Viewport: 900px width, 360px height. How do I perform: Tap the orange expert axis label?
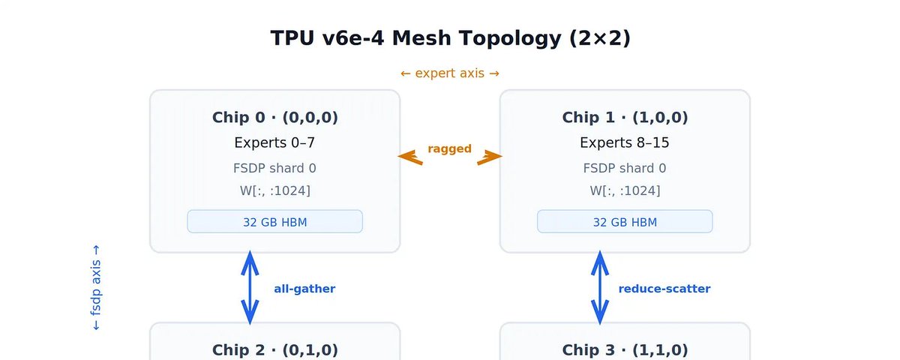(x=449, y=73)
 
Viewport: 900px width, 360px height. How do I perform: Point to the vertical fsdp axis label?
(x=96, y=288)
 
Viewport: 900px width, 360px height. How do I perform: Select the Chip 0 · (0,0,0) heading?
(x=274, y=117)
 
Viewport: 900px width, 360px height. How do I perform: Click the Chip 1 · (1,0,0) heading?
(x=625, y=117)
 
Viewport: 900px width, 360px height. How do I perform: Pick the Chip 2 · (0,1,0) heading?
(x=274, y=350)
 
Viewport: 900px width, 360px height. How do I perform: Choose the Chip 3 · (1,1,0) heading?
(x=625, y=350)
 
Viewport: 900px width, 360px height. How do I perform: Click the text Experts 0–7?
(x=274, y=142)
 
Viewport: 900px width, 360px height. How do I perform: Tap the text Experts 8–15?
(x=625, y=142)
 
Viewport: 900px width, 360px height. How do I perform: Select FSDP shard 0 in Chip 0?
(x=274, y=168)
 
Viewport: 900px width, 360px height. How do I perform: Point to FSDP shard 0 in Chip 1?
(x=625, y=168)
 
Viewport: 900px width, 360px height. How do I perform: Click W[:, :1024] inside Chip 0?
(x=275, y=190)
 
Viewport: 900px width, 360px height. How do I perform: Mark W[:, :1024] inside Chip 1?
(x=625, y=190)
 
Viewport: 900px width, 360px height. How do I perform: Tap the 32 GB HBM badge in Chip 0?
(x=274, y=221)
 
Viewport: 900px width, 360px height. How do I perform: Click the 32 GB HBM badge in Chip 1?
(x=625, y=221)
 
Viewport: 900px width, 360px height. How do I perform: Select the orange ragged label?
(x=449, y=149)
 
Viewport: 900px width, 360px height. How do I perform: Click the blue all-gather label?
(x=304, y=289)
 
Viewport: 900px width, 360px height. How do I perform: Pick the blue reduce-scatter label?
(x=664, y=289)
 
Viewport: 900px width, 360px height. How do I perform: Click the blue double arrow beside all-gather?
(x=250, y=288)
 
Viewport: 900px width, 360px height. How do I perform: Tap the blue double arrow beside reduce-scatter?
(x=600, y=288)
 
